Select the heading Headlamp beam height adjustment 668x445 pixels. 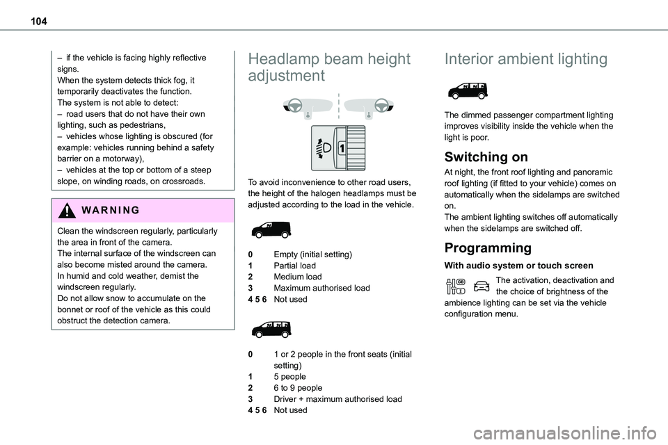[x=328, y=67]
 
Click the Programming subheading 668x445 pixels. [x=487, y=248]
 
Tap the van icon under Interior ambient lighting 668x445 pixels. [x=468, y=91]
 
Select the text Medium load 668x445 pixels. [x=298, y=277]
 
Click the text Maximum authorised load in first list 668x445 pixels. [x=321, y=288]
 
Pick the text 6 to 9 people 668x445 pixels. [x=298, y=388]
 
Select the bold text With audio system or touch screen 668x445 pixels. [x=518, y=266]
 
